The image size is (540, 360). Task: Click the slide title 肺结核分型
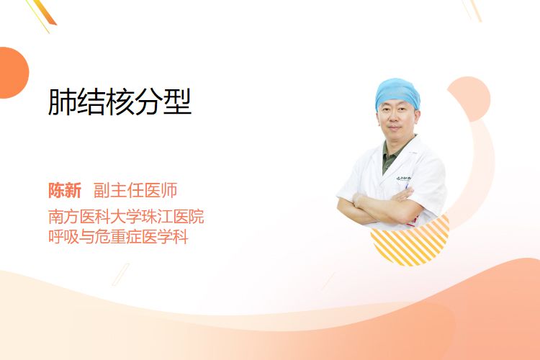120,102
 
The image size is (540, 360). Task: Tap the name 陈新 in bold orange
65,190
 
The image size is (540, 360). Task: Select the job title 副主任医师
135,190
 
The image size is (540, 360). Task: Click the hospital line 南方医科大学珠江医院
126,216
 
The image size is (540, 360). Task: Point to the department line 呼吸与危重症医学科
118,237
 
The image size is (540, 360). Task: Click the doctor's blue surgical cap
397,92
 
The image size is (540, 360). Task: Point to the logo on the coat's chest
404,179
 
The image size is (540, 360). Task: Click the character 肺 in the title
62,102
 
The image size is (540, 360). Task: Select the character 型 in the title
177,102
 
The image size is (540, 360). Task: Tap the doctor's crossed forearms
379,206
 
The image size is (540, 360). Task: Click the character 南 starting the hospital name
55,216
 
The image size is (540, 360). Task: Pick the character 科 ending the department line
181,237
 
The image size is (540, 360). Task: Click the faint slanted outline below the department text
120,274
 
